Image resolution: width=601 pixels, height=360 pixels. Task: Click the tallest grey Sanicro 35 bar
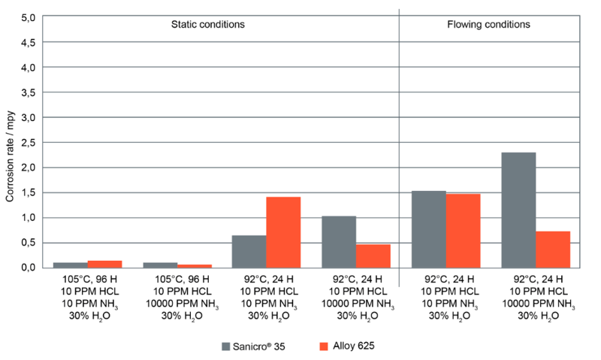518,210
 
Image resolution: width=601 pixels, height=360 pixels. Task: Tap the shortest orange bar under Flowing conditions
553,249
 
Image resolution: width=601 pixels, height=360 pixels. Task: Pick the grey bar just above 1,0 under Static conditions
338,241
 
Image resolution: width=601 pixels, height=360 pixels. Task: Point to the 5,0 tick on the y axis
26,18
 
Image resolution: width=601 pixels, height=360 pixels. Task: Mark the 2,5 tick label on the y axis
26,143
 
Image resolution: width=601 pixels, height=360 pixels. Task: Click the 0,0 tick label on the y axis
26,268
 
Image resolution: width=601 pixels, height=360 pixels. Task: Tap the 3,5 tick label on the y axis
26,93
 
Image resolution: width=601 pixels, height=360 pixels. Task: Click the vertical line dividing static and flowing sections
399,150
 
